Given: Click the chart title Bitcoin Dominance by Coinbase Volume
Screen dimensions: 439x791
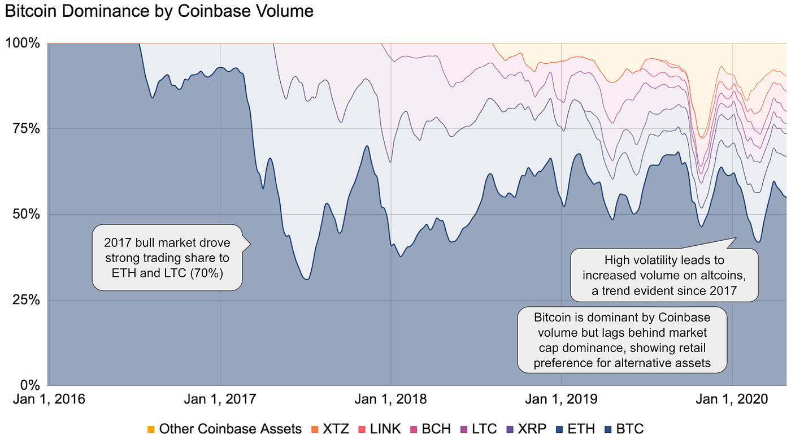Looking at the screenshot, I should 159,11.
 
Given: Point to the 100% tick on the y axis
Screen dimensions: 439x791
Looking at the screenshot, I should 22,43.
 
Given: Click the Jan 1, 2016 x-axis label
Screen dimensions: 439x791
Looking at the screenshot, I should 50,400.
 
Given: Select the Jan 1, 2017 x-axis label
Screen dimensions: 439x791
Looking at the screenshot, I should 220,400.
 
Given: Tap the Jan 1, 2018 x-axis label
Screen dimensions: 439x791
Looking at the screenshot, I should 391,400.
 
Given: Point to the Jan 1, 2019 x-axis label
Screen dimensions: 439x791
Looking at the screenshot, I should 561,400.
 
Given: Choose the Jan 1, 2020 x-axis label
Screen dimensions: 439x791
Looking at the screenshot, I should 732,400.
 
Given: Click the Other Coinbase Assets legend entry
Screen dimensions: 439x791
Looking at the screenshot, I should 224,429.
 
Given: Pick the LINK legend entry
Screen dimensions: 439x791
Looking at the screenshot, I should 380,429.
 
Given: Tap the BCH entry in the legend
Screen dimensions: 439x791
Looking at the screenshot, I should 431,429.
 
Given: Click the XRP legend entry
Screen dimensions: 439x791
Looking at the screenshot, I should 527,429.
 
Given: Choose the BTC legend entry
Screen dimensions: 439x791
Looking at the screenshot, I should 624,429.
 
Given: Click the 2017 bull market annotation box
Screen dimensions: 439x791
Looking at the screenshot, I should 167,258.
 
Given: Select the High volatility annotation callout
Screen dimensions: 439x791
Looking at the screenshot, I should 664,276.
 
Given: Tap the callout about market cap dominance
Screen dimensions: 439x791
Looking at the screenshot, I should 622,340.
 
